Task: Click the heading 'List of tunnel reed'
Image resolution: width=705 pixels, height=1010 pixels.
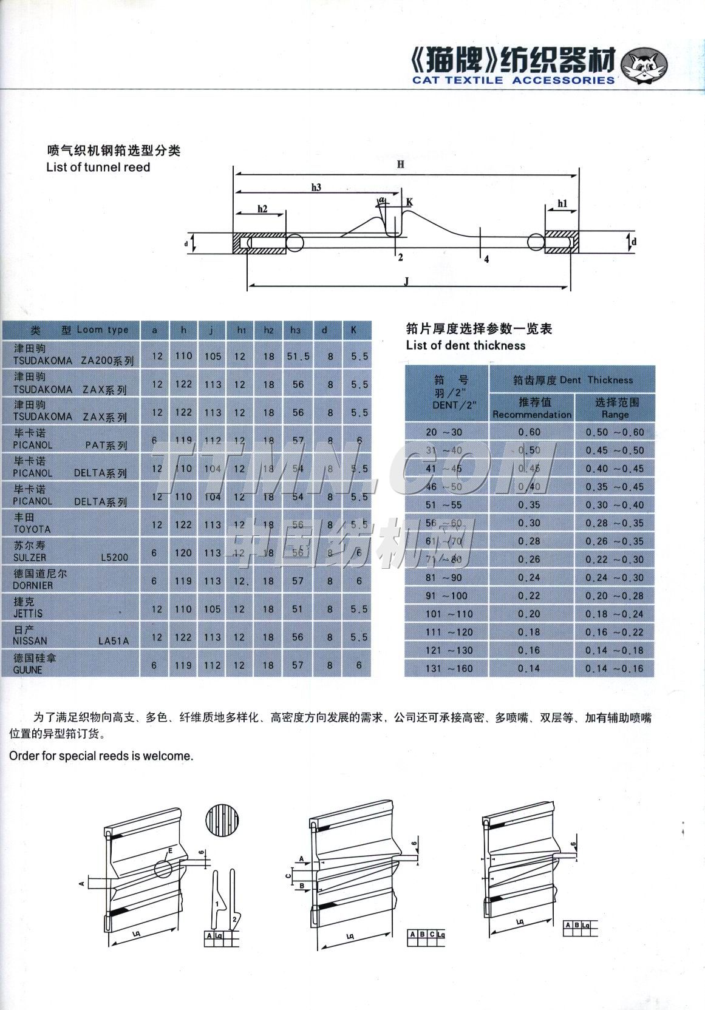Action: [x=98, y=167]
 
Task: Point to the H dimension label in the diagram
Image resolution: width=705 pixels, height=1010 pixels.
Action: [x=401, y=164]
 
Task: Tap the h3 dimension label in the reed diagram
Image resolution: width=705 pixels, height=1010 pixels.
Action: [x=316, y=188]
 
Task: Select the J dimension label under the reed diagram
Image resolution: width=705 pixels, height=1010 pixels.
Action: [x=406, y=280]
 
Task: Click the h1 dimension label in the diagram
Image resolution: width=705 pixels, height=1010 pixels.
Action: [x=562, y=204]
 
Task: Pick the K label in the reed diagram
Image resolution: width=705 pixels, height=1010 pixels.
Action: [x=409, y=202]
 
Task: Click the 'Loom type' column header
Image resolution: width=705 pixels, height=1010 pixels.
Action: [x=102, y=330]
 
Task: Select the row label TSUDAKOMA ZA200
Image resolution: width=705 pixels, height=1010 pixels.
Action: [x=73, y=361]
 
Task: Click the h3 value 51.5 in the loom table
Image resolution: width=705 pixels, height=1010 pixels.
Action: [x=298, y=356]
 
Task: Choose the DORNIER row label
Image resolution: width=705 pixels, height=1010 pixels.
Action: [x=33, y=586]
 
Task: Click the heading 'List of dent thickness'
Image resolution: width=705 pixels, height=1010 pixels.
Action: [x=466, y=345]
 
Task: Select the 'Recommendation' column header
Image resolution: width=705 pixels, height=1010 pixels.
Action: [x=532, y=415]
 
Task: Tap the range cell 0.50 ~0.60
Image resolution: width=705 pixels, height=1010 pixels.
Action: [x=615, y=432]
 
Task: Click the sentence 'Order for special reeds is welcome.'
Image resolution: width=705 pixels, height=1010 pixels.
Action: [x=101, y=756]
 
